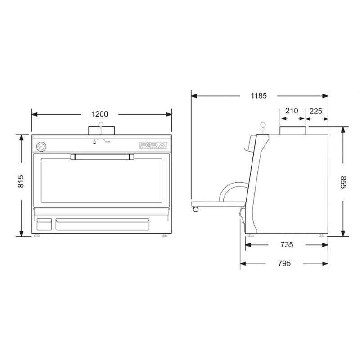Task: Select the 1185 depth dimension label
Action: click(259, 95)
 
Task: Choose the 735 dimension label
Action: click(287, 245)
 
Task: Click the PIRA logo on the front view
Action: click(153, 145)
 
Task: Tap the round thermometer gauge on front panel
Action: click(41, 146)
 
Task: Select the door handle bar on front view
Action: click(102, 157)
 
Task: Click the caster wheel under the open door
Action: click(195, 209)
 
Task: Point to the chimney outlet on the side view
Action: click(293, 130)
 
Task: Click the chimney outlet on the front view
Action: click(102, 130)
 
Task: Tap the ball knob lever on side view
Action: click(263, 126)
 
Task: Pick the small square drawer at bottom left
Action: click(44, 224)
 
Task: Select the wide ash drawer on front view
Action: click(102, 224)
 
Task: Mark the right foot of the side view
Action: click(321, 236)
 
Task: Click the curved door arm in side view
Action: click(227, 191)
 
